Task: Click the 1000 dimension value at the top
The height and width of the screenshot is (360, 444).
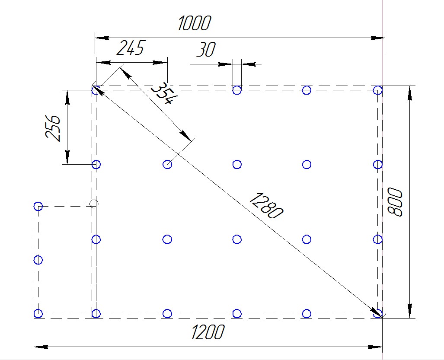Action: point(195,23)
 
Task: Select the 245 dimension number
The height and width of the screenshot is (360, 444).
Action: point(131,48)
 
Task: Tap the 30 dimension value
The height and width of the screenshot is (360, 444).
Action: point(206,49)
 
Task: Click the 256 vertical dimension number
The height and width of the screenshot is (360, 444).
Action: point(53,128)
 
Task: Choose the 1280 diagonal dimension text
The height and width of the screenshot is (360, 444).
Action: point(266,206)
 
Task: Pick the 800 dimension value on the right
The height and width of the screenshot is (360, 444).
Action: point(395,202)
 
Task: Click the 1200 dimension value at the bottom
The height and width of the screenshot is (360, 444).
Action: point(208,332)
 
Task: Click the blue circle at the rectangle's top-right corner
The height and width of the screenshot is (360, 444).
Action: point(378,90)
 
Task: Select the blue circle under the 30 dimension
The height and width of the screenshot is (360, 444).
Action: point(237,90)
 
